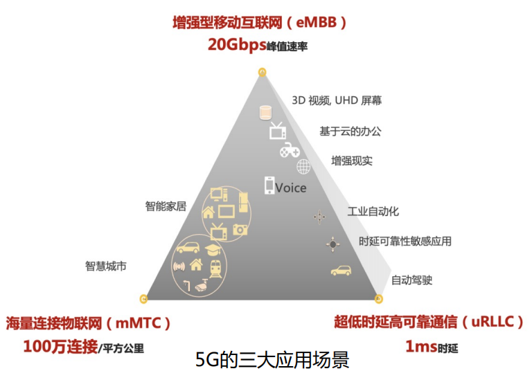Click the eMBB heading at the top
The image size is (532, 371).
[x=260, y=23]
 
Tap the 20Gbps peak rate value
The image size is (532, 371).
[x=237, y=45]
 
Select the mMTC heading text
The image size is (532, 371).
[x=89, y=323]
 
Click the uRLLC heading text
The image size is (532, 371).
[x=429, y=323]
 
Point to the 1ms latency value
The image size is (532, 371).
[x=420, y=345]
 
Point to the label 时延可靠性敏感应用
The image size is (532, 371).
[x=405, y=242]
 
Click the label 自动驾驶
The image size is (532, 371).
[x=411, y=280]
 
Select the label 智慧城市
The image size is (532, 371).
[x=106, y=265]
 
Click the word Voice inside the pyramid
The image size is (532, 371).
[x=291, y=188]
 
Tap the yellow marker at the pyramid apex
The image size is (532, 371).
[x=262, y=71]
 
